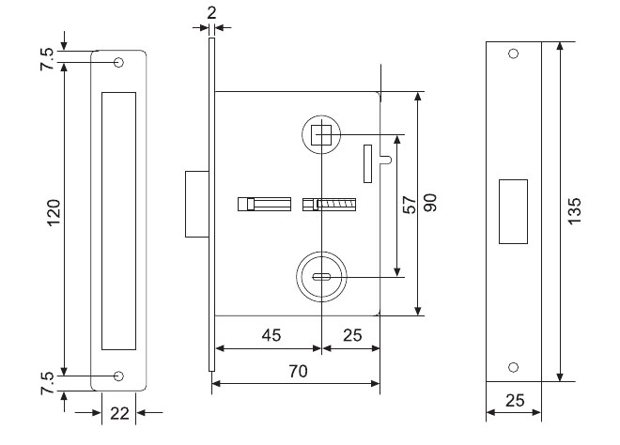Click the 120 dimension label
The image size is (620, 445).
(x=54, y=218)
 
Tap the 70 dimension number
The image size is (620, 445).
(x=297, y=371)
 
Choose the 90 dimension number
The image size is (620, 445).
(x=431, y=205)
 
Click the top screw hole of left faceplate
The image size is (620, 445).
(x=119, y=63)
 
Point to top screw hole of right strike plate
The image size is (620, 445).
(x=513, y=54)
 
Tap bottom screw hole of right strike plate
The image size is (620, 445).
(x=513, y=367)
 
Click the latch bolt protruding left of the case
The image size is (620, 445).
(x=197, y=204)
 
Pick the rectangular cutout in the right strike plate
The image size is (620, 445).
(x=513, y=210)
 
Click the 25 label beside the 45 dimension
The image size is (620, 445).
(x=352, y=335)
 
